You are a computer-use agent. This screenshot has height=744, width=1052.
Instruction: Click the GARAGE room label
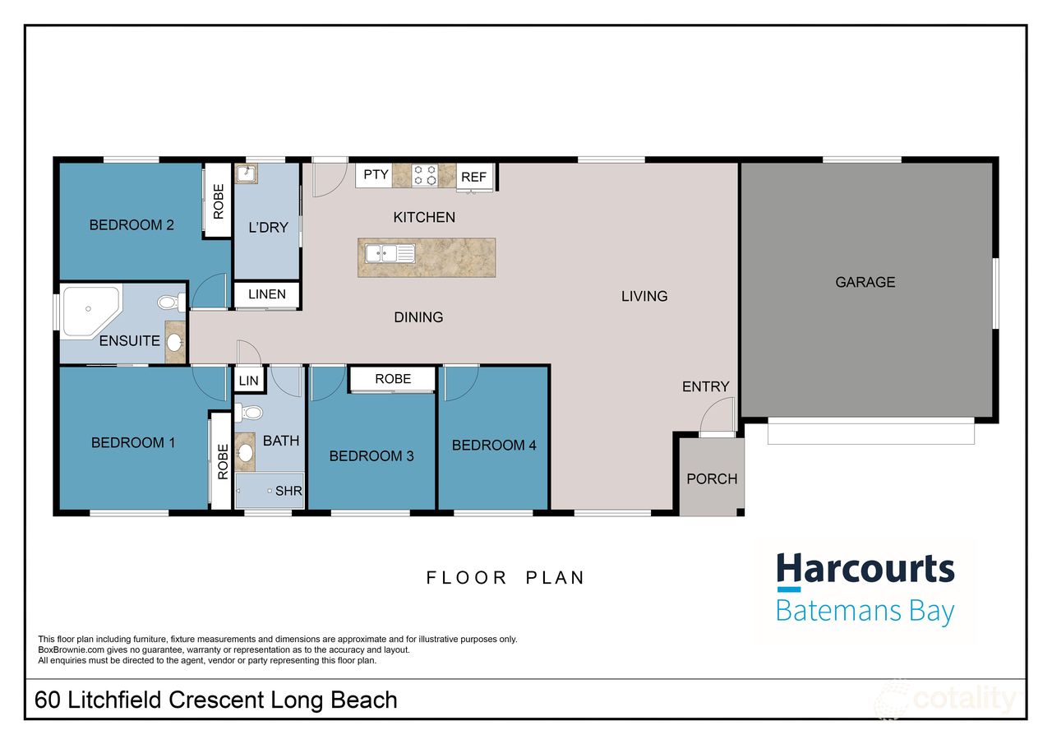[865, 282]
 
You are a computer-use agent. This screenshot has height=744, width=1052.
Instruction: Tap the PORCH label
[712, 478]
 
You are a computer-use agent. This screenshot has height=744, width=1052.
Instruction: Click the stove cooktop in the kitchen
[425, 175]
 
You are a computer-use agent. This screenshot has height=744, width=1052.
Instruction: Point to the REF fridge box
[473, 177]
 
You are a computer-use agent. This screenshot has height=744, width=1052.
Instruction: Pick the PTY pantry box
[375, 174]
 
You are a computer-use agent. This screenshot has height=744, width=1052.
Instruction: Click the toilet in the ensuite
[168, 303]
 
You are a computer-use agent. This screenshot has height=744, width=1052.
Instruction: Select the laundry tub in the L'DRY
[246, 173]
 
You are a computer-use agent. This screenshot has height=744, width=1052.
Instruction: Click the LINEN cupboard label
[266, 294]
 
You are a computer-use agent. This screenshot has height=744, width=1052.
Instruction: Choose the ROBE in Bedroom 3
[393, 379]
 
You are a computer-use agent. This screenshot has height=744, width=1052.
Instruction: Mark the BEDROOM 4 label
[494, 445]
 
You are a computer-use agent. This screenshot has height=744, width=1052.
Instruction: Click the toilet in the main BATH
[251, 413]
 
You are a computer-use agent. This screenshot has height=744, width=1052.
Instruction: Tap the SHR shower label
[288, 492]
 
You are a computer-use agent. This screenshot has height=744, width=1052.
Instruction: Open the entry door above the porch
[717, 416]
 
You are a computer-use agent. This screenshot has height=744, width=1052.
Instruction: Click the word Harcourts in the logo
[865, 569]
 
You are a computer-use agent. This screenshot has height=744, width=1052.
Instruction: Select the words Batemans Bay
[865, 612]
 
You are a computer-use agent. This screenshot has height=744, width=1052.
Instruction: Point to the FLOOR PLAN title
[505, 578]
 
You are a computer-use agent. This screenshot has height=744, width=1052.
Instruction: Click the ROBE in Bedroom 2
[218, 201]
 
